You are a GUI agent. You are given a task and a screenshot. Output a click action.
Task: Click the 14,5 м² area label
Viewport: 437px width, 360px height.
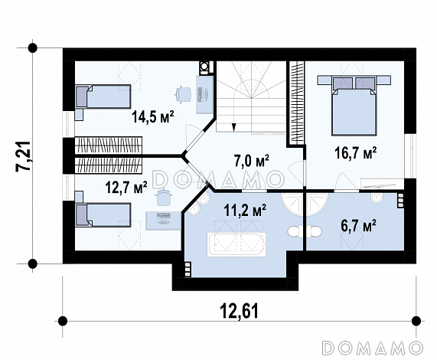pyautogui.click(x=153, y=116)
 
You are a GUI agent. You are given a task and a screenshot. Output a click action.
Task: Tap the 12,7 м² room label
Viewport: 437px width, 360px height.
pyautogui.click(x=126, y=187)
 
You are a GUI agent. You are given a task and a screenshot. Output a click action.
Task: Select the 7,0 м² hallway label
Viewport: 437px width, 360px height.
pyautogui.click(x=252, y=161)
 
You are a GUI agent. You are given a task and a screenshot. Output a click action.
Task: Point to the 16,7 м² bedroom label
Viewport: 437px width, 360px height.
pyautogui.click(x=356, y=153)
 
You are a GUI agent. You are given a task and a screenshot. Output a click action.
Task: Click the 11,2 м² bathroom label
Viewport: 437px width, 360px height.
pyautogui.click(x=245, y=211)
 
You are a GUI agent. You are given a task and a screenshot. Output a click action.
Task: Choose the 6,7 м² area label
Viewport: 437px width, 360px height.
pyautogui.click(x=359, y=227)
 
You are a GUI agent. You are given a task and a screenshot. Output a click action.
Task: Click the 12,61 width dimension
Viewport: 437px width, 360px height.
pyautogui.click(x=240, y=311)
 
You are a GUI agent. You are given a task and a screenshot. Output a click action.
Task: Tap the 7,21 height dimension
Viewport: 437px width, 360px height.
pyautogui.click(x=23, y=155)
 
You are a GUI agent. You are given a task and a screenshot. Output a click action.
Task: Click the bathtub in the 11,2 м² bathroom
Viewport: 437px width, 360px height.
pyautogui.click(x=236, y=244)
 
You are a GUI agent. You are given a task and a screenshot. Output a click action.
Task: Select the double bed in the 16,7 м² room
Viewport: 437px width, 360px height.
pyautogui.click(x=354, y=106)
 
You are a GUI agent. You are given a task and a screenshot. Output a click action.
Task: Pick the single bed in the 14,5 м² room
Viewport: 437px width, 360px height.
pyautogui.click(x=103, y=97)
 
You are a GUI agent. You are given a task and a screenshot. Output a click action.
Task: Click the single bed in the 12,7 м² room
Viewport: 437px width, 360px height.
pyautogui.click(x=103, y=214)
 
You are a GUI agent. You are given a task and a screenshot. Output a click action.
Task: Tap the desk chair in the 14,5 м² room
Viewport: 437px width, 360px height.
pyautogui.click(x=183, y=93)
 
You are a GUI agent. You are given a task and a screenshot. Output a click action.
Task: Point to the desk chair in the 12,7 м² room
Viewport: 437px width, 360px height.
pyautogui.click(x=162, y=198)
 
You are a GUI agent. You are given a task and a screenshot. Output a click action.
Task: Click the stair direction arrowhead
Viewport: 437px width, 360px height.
pyautogui.click(x=234, y=127)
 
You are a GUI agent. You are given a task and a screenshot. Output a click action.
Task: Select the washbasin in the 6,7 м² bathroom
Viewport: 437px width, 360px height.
pyautogui.click(x=377, y=198)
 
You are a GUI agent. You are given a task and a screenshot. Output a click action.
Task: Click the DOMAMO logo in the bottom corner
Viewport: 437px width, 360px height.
pyautogui.click(x=372, y=348)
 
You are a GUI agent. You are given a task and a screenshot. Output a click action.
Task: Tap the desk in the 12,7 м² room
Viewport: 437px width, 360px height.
pyautogui.click(x=164, y=221)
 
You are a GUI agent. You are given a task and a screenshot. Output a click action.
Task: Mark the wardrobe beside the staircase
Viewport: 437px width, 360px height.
pyautogui.click(x=296, y=101)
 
